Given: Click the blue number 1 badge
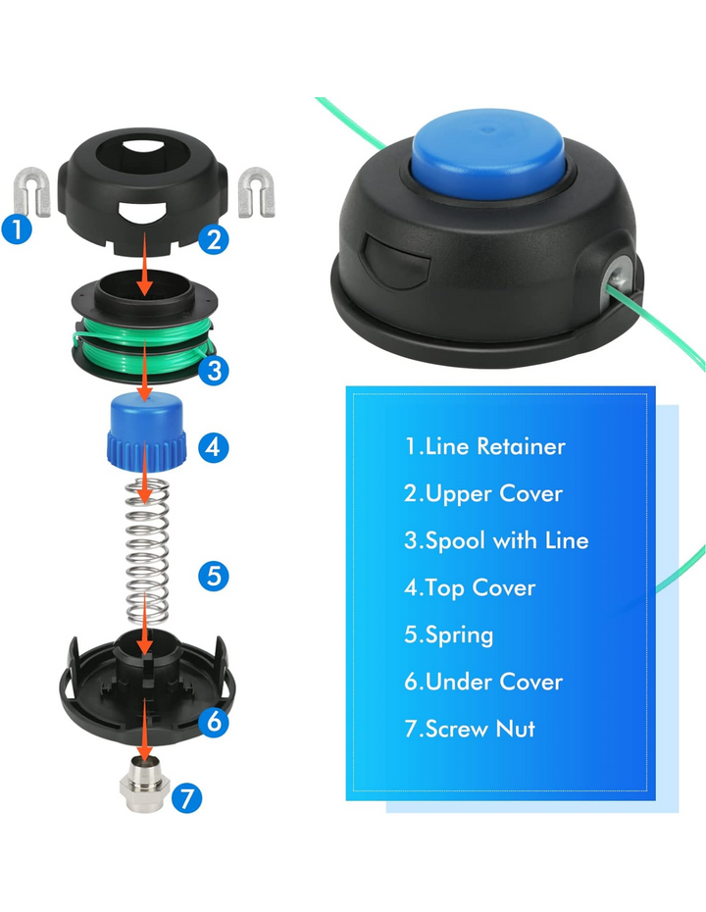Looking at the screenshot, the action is click(17, 228).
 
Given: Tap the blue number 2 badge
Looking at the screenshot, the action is click(214, 239).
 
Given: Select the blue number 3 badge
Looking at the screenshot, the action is click(214, 370).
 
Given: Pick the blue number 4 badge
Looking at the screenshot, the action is click(213, 447).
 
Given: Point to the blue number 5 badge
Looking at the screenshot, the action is click(214, 576).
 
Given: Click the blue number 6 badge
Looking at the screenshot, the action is click(214, 722).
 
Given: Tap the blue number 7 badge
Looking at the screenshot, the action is click(186, 798).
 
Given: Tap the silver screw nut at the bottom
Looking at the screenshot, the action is click(144, 786).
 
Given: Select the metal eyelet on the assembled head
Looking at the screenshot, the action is click(618, 276).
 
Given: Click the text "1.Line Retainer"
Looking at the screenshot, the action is click(484, 446).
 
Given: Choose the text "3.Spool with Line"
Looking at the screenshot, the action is click(496, 540).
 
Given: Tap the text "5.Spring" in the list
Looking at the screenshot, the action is click(448, 634).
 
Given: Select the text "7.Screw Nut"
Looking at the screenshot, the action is click(470, 729).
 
